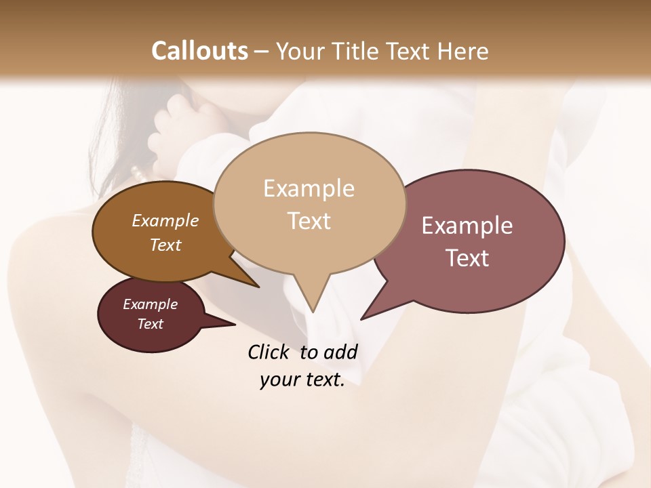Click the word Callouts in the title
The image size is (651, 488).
pos(199,51)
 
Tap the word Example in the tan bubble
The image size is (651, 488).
pos(309,188)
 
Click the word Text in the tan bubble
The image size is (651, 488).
pos(309,220)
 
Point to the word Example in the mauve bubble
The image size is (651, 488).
pos(467,226)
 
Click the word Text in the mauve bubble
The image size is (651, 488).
pos(467,258)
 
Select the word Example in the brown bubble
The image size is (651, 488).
pos(165,220)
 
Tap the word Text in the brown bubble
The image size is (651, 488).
pos(165,245)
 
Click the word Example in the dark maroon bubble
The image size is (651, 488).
pos(150,304)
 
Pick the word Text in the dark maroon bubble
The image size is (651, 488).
pos(150,324)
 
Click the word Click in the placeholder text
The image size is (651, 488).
pos(270,352)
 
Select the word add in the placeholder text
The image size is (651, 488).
pos(340,352)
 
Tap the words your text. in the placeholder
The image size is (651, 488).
pos(302,380)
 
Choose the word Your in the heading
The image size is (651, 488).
pos(301,51)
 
